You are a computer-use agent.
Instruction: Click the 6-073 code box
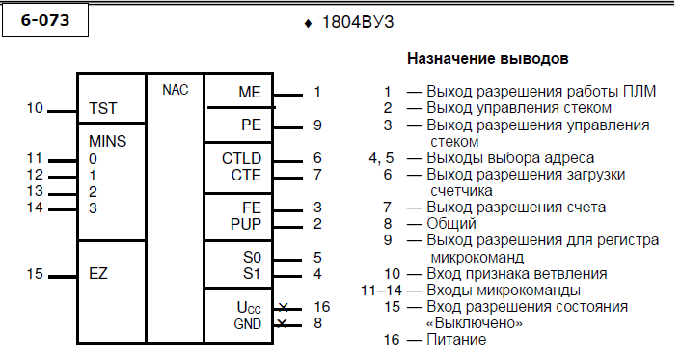[x=45, y=20]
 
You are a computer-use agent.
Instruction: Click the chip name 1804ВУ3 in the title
[x=358, y=22]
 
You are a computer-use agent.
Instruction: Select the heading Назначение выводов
[x=488, y=58]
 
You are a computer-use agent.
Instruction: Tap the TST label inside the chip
[x=103, y=108]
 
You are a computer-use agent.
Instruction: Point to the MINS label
[x=107, y=141]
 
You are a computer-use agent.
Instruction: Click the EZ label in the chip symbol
[x=98, y=273]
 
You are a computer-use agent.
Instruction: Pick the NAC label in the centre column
[x=175, y=90]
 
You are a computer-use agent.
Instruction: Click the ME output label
[x=250, y=93]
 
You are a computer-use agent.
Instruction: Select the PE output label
[x=251, y=125]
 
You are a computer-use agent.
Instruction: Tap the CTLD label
[x=241, y=158]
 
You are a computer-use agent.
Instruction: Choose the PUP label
[x=246, y=224]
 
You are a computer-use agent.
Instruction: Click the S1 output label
[x=252, y=274]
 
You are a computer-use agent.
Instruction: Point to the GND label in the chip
[x=248, y=324]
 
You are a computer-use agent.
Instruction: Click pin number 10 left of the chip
[x=35, y=108]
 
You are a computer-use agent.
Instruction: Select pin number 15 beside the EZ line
[x=35, y=274]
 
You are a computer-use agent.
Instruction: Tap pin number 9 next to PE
[x=317, y=125]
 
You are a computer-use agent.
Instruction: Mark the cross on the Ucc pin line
[x=283, y=308]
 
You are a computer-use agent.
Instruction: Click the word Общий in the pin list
[x=451, y=224]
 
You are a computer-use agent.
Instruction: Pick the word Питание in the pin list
[x=456, y=339]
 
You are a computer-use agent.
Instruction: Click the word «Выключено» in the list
[x=474, y=323]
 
